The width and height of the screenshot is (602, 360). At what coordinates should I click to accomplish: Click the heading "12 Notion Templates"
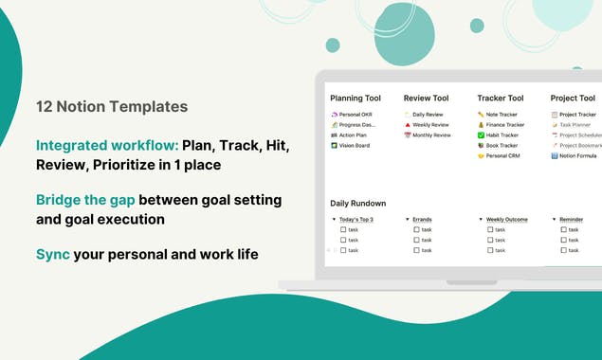(x=111, y=107)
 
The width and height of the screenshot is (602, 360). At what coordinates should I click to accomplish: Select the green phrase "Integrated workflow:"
(x=106, y=146)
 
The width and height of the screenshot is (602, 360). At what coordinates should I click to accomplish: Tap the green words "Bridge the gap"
(x=85, y=200)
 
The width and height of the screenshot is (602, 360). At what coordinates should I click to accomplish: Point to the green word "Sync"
(x=52, y=255)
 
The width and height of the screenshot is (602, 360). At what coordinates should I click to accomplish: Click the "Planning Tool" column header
(x=356, y=98)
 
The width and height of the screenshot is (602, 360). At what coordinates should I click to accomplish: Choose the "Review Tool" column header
(x=426, y=98)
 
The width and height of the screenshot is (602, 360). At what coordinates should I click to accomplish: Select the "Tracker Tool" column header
(x=501, y=98)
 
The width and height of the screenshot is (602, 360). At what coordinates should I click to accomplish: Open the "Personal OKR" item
(x=356, y=115)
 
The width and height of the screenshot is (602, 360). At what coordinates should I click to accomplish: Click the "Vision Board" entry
(x=356, y=146)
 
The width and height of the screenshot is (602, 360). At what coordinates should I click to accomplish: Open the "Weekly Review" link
(x=430, y=125)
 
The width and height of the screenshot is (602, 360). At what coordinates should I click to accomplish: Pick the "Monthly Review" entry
(x=431, y=135)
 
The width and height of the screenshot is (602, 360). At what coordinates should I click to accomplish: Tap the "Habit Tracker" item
(x=502, y=135)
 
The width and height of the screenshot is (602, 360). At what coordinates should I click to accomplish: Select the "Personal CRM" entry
(x=502, y=156)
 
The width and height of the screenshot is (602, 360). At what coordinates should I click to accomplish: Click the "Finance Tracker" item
(x=504, y=125)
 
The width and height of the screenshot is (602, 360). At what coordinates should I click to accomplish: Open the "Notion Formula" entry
(x=577, y=156)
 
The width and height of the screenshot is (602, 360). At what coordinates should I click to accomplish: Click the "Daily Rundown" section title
(x=357, y=203)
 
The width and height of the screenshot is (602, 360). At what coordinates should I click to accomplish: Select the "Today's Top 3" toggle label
(x=356, y=219)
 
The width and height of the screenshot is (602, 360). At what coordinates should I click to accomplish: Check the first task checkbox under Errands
(x=416, y=229)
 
